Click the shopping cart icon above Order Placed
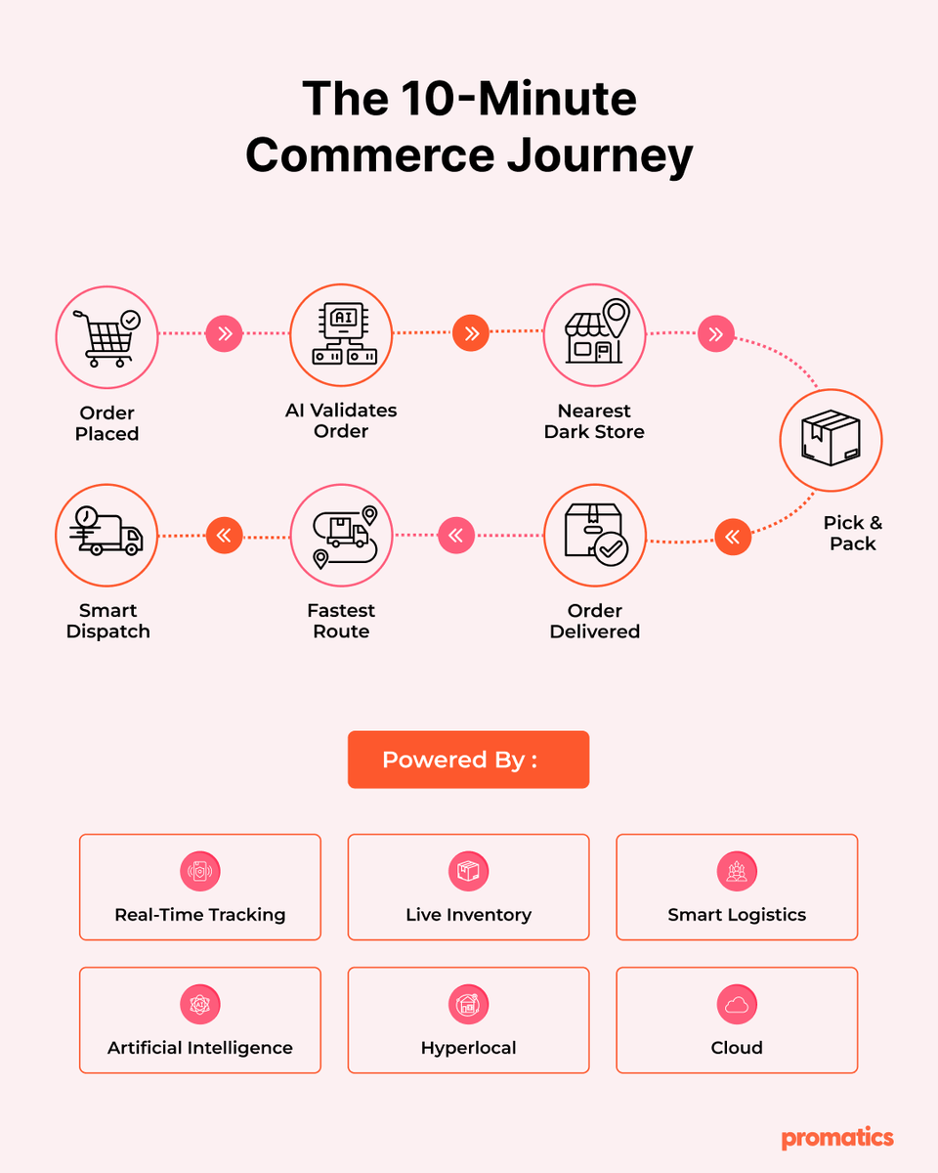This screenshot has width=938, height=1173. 107,338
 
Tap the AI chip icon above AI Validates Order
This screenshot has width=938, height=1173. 344,333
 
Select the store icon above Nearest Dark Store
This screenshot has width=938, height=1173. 597,330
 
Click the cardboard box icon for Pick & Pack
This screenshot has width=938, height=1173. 831,437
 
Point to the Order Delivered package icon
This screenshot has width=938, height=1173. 596,534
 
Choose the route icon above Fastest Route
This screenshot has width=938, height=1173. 345,537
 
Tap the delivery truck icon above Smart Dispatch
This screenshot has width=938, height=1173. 107,531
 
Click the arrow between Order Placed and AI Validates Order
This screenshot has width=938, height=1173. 224,333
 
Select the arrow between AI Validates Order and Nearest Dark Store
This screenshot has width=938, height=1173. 471,332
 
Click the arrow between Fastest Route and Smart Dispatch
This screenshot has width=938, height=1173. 224,536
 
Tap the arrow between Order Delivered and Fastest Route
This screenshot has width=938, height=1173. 456,536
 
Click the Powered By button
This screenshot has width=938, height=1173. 468,760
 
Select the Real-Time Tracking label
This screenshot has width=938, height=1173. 200,915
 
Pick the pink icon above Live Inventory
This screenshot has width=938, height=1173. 468,871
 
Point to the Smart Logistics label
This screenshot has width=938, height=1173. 737,915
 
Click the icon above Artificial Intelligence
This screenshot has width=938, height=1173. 200,1004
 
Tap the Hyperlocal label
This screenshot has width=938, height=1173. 468,1048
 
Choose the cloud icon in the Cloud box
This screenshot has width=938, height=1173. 737,1004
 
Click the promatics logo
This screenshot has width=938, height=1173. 837,1137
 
